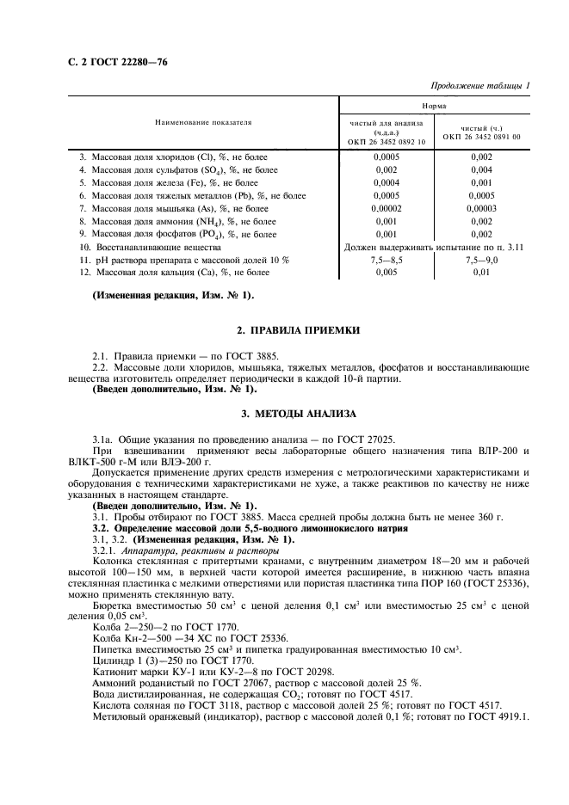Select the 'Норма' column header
434,105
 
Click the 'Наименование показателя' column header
203,123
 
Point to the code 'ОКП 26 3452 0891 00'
482,137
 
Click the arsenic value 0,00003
481,207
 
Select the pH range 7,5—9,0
481,259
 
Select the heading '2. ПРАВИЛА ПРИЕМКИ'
285,330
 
